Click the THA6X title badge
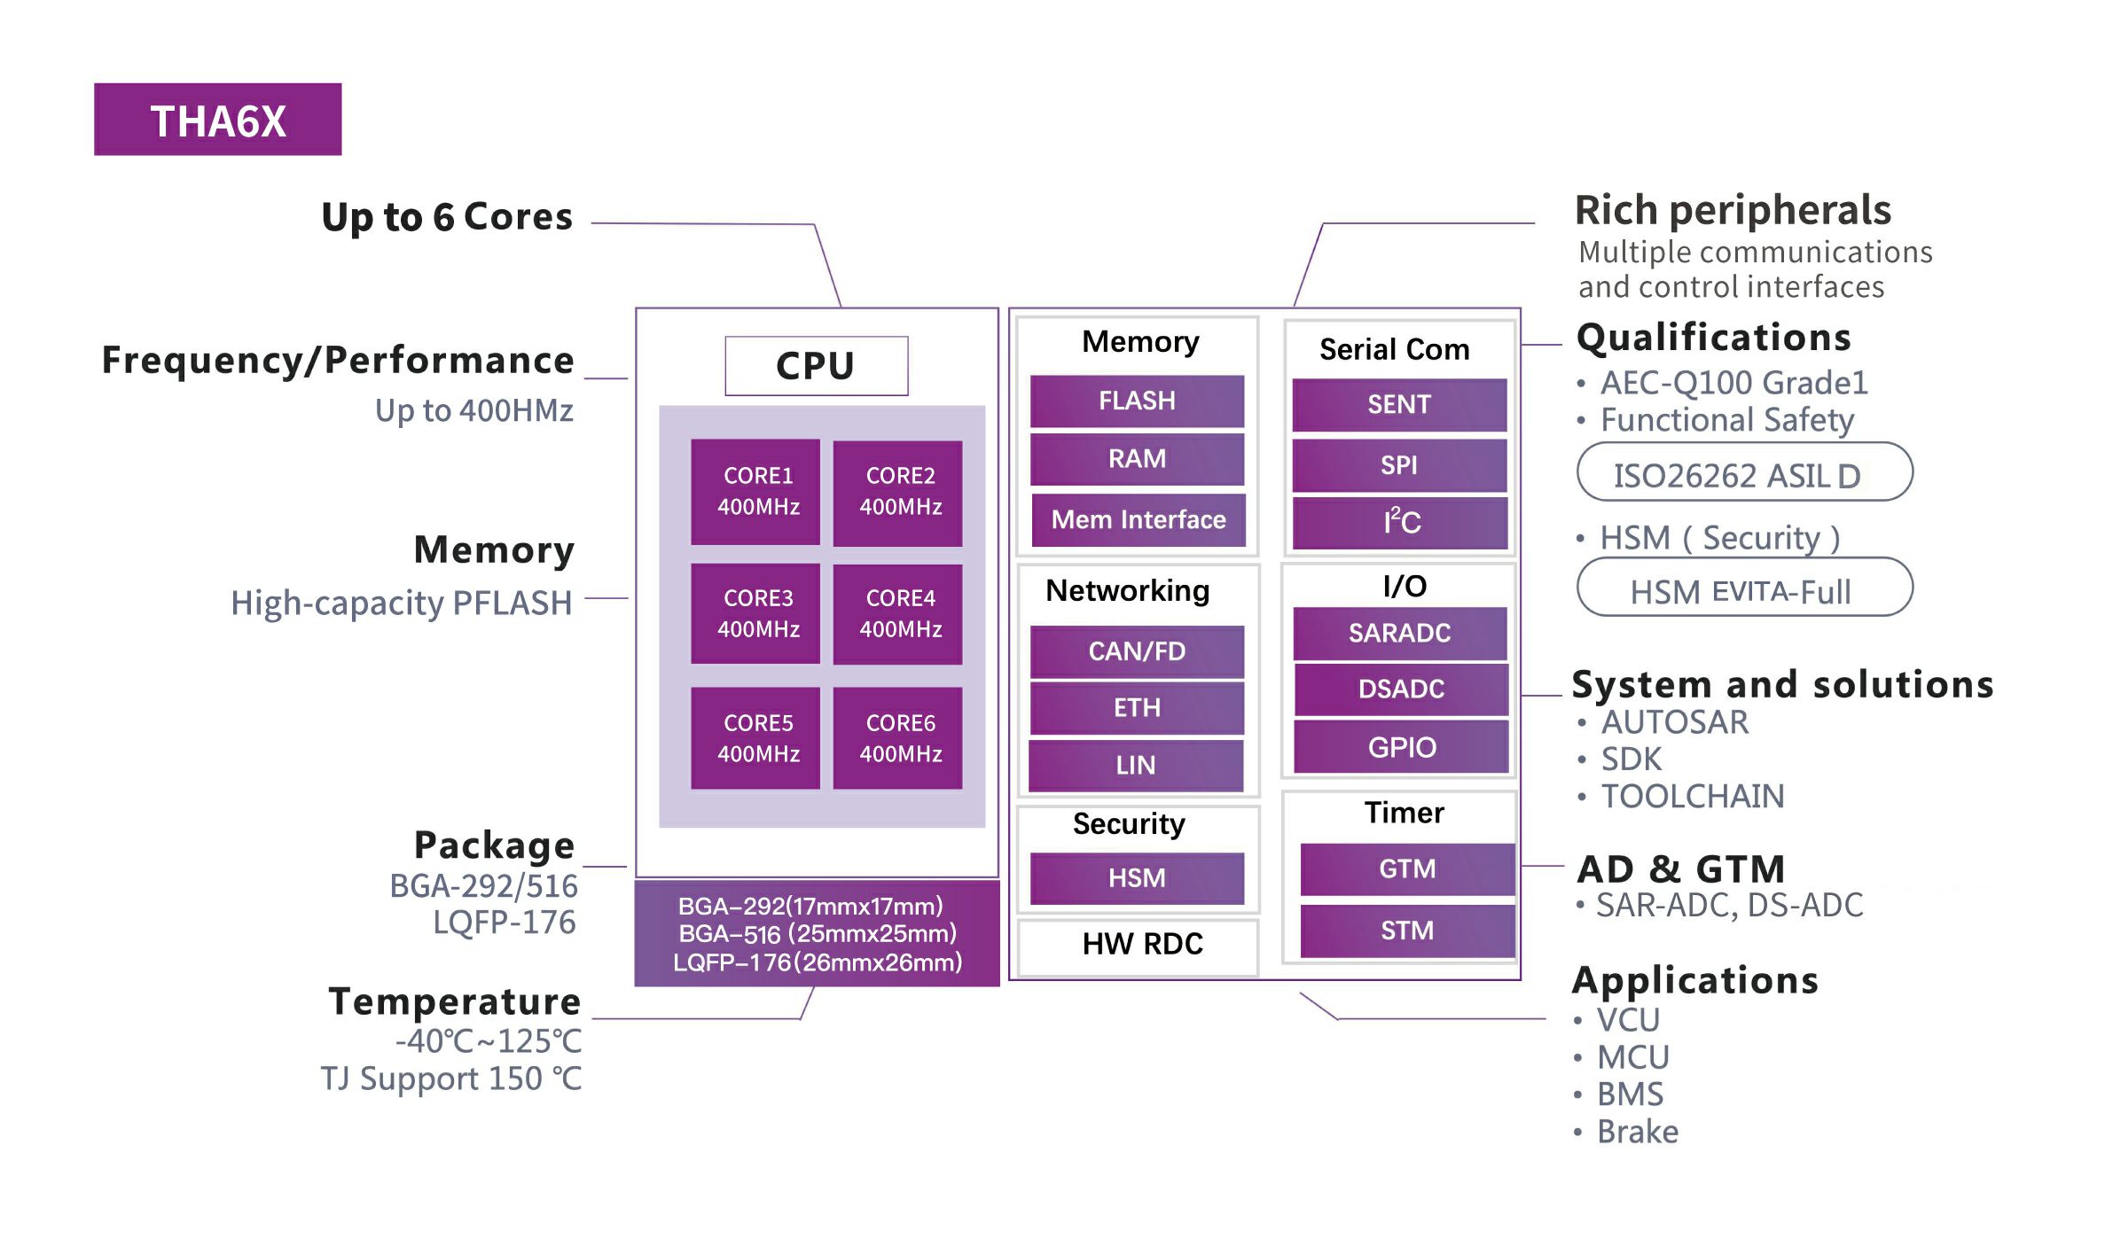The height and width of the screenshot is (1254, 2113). [x=217, y=120]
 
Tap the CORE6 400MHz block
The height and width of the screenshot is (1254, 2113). [x=898, y=737]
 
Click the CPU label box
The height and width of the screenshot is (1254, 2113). [x=816, y=365]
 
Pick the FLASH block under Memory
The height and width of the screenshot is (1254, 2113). [x=1137, y=401]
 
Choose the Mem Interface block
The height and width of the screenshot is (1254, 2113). [x=1138, y=519]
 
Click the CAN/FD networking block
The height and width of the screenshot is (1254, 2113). [x=1137, y=651]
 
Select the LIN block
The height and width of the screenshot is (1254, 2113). [x=1136, y=765]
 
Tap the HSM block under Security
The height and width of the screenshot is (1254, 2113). [x=1137, y=878]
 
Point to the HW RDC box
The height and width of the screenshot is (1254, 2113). [x=1142, y=945]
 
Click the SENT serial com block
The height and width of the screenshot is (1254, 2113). [x=1399, y=404]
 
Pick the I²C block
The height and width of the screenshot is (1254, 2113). [x=1400, y=522]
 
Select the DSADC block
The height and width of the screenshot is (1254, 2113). [x=1401, y=689]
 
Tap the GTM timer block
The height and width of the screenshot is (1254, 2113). [x=1407, y=868]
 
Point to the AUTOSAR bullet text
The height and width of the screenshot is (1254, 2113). [x=1674, y=722]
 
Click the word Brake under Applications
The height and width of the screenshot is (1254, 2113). [x=1637, y=1132]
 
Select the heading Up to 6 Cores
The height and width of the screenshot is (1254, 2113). [x=447, y=217]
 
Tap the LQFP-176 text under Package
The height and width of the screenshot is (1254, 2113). [x=504, y=923]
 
